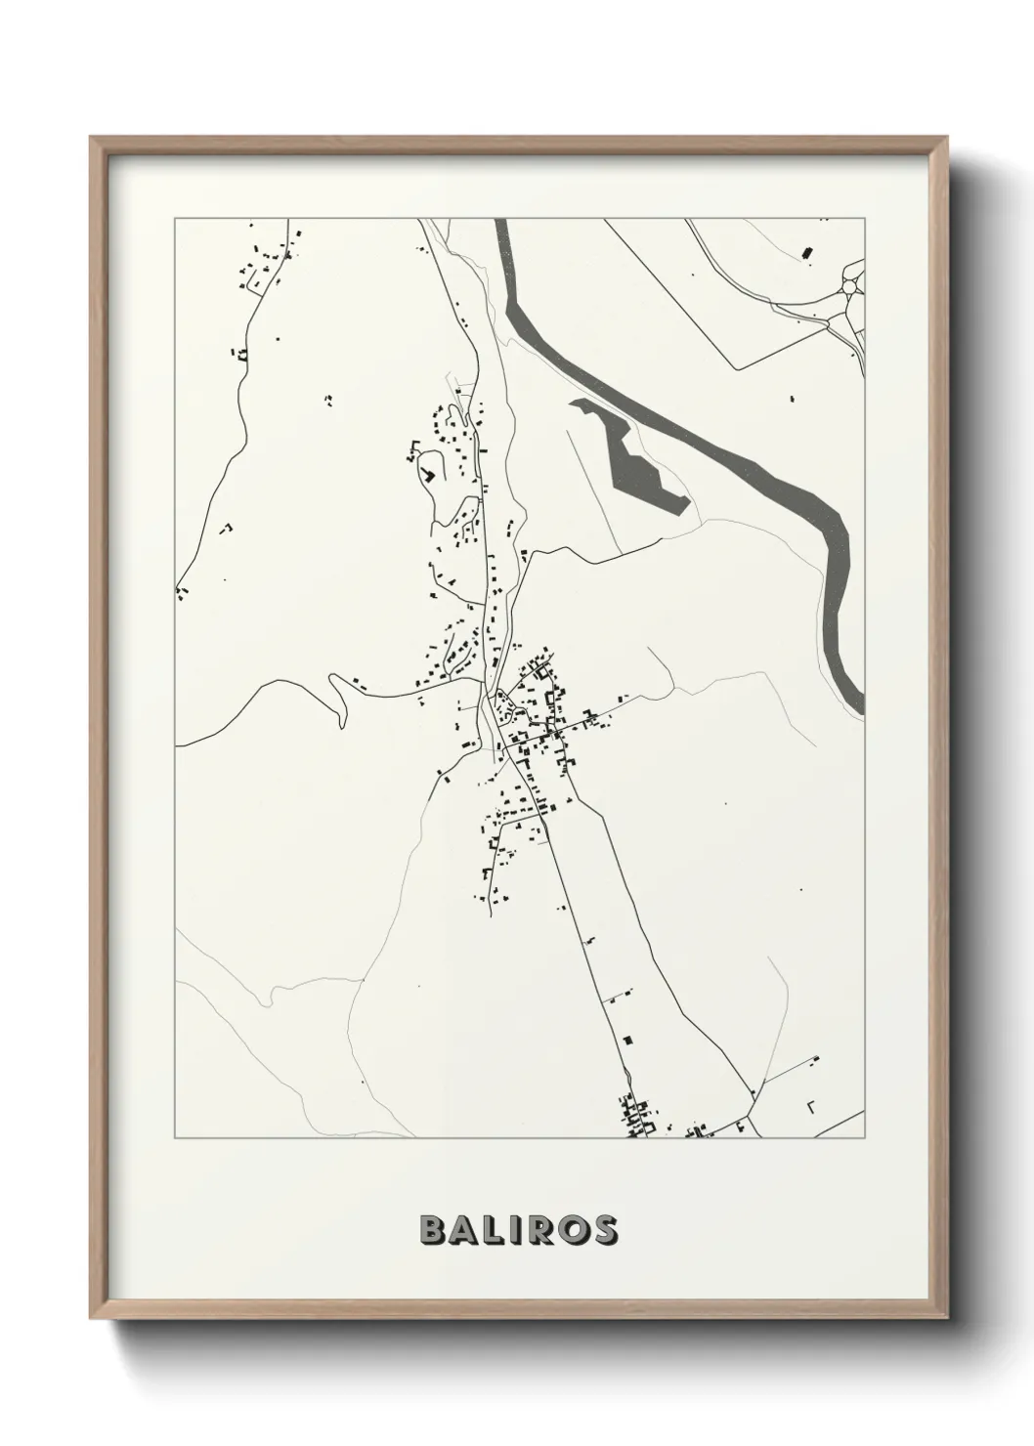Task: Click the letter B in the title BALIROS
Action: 433,1229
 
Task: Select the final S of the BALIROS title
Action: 604,1229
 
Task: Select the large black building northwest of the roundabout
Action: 807,253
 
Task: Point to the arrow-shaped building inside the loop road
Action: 427,474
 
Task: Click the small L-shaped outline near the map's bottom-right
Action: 810,1106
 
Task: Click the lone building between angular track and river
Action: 793,398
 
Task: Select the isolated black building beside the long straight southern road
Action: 628,1039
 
